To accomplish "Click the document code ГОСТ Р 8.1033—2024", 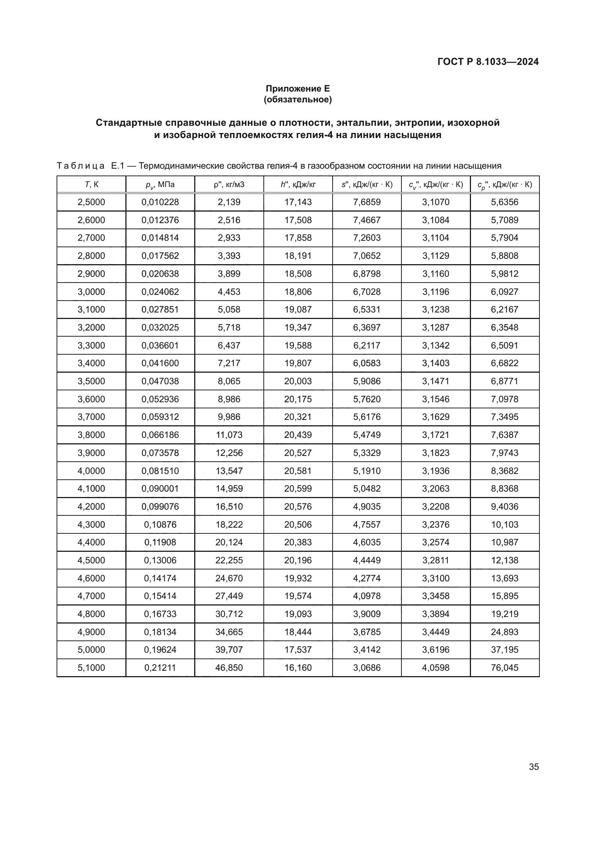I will point(488,62).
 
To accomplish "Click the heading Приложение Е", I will point(298,89).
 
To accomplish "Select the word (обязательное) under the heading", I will point(298,99).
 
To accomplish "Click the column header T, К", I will point(92,184).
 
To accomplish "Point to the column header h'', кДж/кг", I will point(298,184).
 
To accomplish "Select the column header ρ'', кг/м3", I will point(229,184).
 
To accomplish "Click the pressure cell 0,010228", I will point(160,202).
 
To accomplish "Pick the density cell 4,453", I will point(229,292).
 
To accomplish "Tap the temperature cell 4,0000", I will point(92,471).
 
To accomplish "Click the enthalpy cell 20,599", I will point(298,488).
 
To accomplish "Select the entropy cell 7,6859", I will point(366,202).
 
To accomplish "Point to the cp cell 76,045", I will point(504,667).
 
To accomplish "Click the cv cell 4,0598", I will point(436,667).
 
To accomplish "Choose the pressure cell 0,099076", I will point(160,506).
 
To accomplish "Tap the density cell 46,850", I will point(229,667).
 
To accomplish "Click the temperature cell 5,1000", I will point(92,667).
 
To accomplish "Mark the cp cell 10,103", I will point(504,524).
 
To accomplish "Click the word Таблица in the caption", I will point(80,166).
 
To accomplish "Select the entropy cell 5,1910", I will point(366,471).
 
